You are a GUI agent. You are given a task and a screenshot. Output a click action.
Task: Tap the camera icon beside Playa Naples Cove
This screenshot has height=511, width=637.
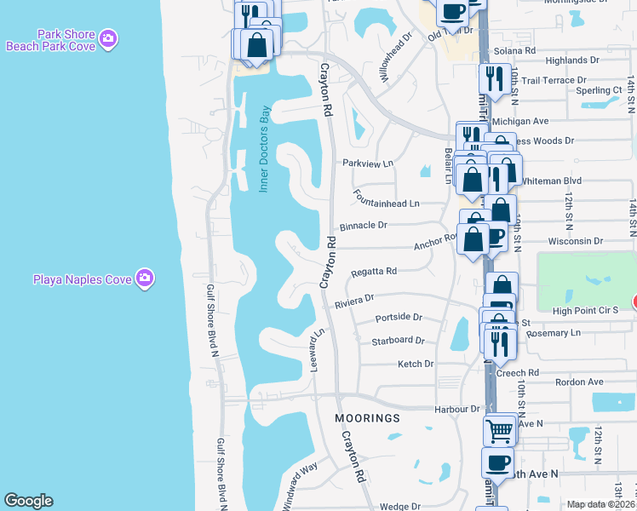pos(146,278)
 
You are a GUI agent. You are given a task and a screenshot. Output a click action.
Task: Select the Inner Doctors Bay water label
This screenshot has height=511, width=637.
pos(264,149)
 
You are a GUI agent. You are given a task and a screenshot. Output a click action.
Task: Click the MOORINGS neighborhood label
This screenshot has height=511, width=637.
pos(367,419)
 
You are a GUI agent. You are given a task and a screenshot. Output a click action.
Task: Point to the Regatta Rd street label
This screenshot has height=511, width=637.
pos(374,272)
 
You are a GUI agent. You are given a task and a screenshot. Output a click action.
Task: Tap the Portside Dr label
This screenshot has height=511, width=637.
pos(399,318)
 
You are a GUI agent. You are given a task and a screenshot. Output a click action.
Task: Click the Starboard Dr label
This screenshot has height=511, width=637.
pos(398,341)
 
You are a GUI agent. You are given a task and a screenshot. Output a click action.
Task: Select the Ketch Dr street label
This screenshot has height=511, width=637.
pos(416,364)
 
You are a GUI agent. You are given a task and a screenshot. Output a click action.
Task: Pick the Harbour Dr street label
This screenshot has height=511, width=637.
pos(457,409)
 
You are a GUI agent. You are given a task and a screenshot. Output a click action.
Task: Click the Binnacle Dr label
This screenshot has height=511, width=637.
pos(364,226)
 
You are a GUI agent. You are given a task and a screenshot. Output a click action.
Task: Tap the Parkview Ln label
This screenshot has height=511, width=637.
pos(368,163)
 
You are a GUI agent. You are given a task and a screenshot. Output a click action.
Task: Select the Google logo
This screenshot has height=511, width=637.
pos(28,501)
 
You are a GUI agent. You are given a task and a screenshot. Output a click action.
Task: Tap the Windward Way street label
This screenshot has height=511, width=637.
pos(297,481)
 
